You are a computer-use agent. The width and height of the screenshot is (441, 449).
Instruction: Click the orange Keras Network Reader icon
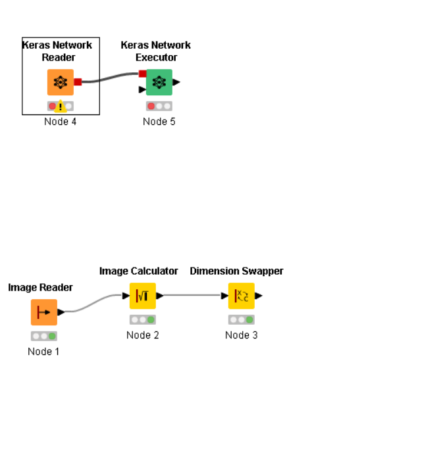[x=61, y=82]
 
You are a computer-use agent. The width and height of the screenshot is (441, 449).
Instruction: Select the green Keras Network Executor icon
[x=159, y=82]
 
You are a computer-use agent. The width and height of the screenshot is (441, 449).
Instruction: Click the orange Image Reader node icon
[x=44, y=312]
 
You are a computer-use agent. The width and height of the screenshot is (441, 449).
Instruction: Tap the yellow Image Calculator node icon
[x=143, y=296]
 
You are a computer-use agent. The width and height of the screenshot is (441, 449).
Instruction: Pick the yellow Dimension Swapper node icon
[x=242, y=296]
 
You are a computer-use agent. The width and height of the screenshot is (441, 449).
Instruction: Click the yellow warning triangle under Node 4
[x=61, y=106]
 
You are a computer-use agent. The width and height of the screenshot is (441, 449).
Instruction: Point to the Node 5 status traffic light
[x=159, y=106]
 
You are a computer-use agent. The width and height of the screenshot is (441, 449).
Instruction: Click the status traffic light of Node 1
[x=44, y=336]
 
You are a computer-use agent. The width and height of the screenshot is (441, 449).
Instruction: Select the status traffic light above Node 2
[x=143, y=319]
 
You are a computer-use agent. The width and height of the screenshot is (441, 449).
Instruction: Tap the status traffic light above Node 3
[x=242, y=319]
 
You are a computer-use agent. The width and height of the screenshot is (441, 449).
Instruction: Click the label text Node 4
[x=61, y=122]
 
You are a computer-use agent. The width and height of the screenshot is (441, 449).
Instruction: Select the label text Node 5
[x=159, y=122]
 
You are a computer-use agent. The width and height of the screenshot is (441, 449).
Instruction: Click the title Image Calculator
[x=139, y=271]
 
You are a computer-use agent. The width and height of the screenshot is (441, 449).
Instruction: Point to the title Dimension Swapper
[x=236, y=271]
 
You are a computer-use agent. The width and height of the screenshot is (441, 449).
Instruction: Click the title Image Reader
[x=40, y=287]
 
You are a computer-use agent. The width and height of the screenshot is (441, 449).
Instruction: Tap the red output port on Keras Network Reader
[x=78, y=82]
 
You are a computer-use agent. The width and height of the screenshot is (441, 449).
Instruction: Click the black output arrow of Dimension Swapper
[x=259, y=296]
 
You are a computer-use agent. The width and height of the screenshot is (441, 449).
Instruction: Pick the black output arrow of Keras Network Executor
[x=176, y=82]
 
